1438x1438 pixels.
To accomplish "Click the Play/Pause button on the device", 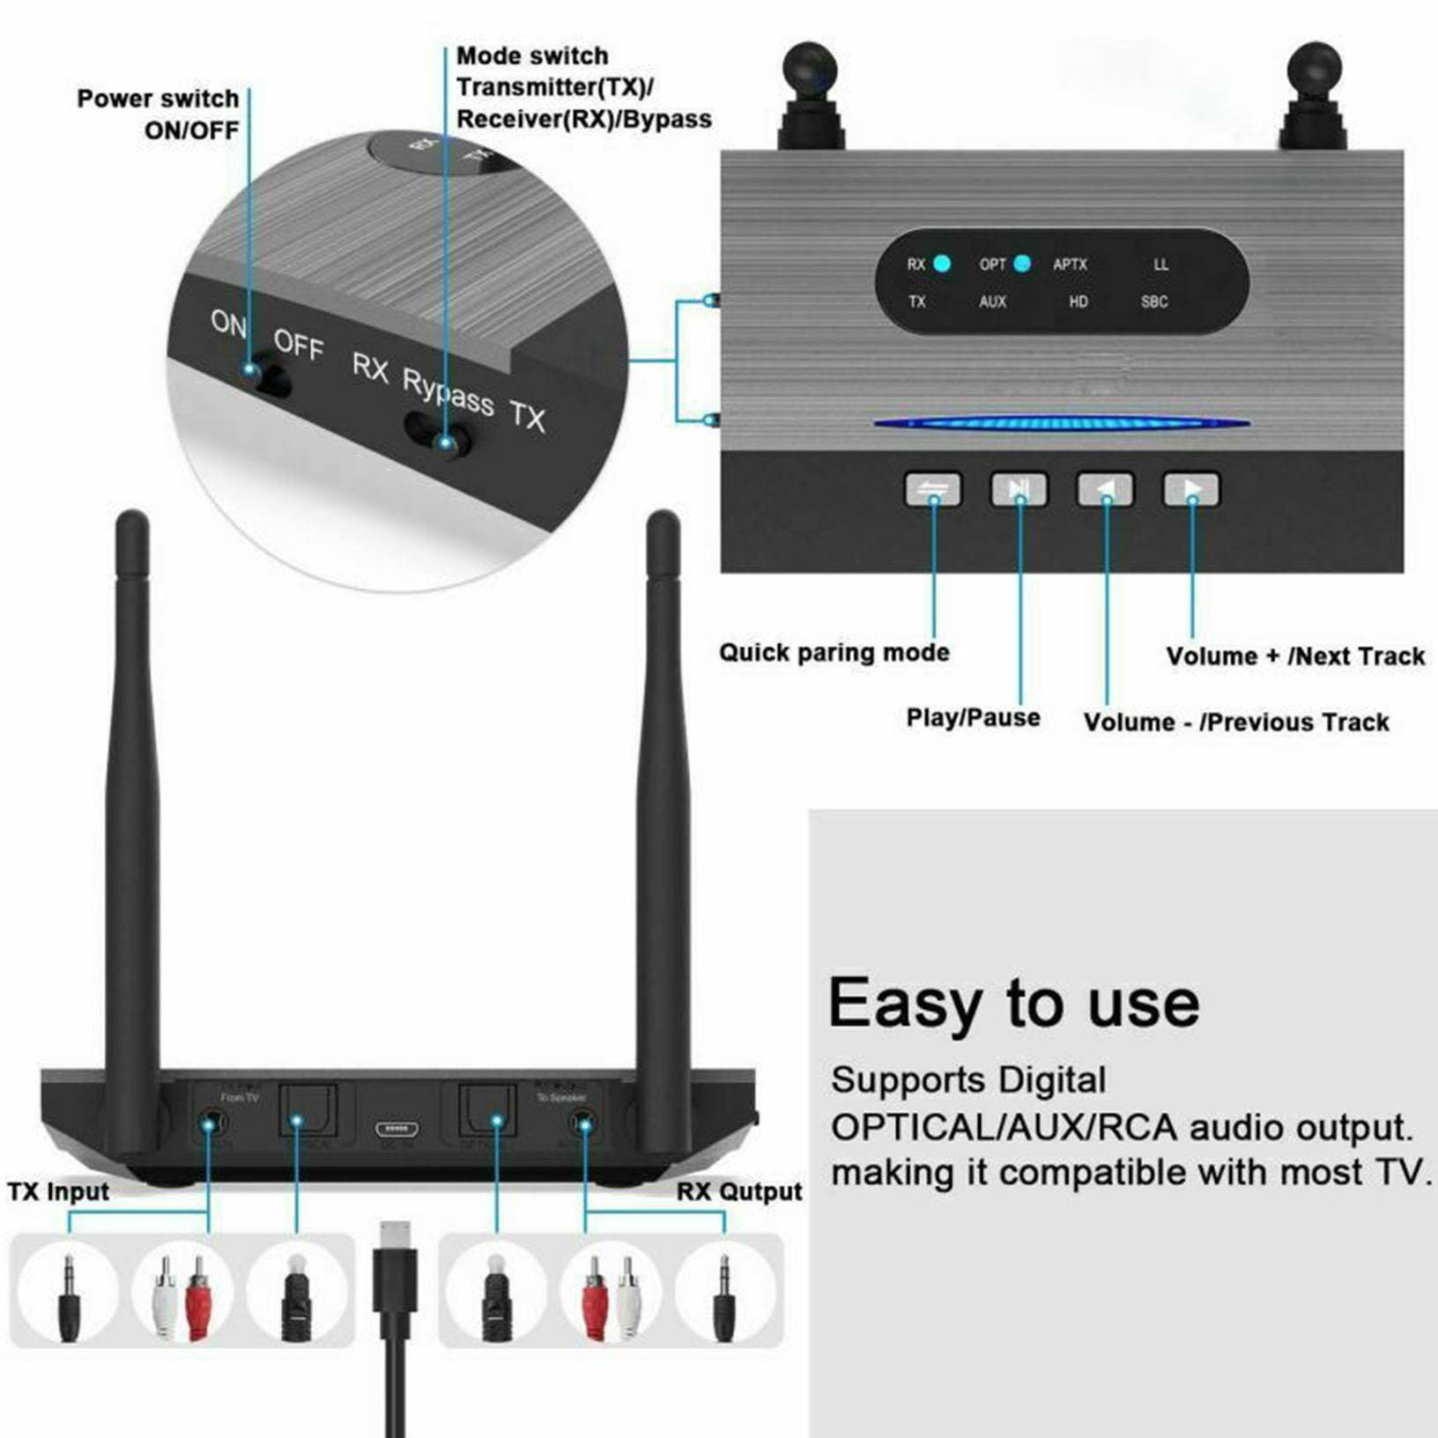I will pyautogui.click(x=1019, y=490).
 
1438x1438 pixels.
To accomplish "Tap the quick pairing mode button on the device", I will pyautogui.click(x=933, y=490).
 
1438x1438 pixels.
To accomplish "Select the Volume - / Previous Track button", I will pyautogui.click(x=1105, y=490).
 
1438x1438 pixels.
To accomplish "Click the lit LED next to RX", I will pyautogui.click(x=942, y=263).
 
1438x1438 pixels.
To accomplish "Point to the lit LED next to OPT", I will pyautogui.click(x=1022, y=263).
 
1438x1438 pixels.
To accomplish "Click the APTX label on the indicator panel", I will pyautogui.click(x=1070, y=264).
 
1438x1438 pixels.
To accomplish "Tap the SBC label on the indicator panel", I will pyautogui.click(x=1153, y=301).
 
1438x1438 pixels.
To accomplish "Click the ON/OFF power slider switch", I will pyautogui.click(x=266, y=377).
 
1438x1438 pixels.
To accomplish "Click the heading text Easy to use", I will pyautogui.click(x=1013, y=1003).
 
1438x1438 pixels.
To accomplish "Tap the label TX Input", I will pyautogui.click(x=58, y=1191).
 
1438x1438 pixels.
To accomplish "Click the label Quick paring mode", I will pyautogui.click(x=834, y=653).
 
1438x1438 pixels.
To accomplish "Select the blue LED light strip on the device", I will pyautogui.click(x=1061, y=424).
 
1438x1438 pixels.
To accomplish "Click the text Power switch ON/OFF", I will pyautogui.click(x=159, y=115).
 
